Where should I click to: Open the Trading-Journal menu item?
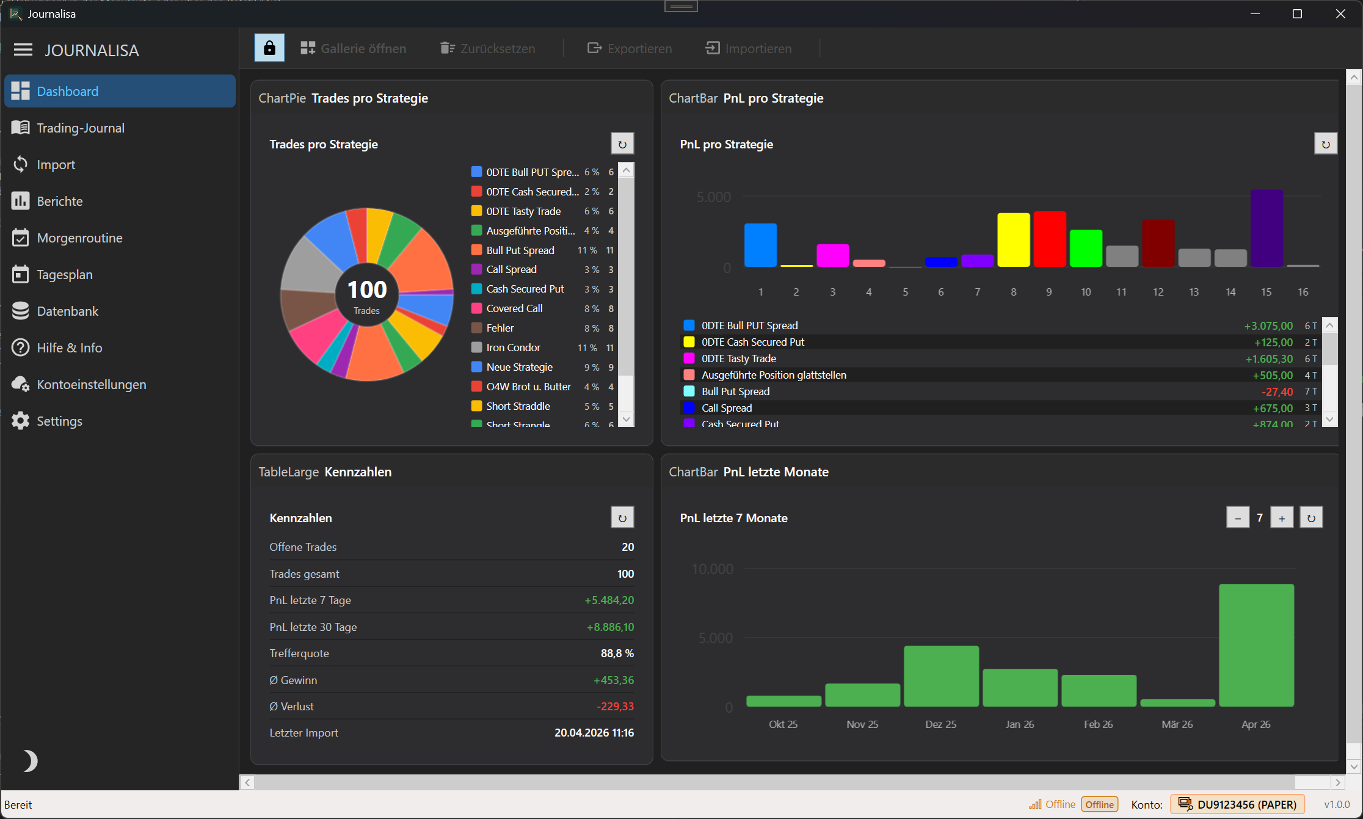click(80, 128)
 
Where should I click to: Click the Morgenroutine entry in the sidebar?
click(79, 238)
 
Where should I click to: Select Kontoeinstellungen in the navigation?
click(91, 384)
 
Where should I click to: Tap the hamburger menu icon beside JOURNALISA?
click(23, 49)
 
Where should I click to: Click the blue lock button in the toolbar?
click(269, 48)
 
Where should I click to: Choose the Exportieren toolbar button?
click(630, 48)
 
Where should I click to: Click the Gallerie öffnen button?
click(354, 48)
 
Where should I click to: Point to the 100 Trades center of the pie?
click(367, 296)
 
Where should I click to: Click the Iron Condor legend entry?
click(513, 348)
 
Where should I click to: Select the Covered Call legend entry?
click(514, 308)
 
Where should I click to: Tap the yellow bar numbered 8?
click(1013, 239)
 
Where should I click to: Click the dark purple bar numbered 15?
click(1267, 228)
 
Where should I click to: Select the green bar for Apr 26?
click(1256, 645)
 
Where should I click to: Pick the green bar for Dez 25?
click(941, 675)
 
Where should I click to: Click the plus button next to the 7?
click(1282, 518)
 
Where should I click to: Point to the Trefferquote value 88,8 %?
click(617, 653)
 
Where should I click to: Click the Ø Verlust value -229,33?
click(615, 707)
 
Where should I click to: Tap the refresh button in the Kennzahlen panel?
click(622, 518)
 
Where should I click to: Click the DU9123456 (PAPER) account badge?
click(1238, 804)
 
